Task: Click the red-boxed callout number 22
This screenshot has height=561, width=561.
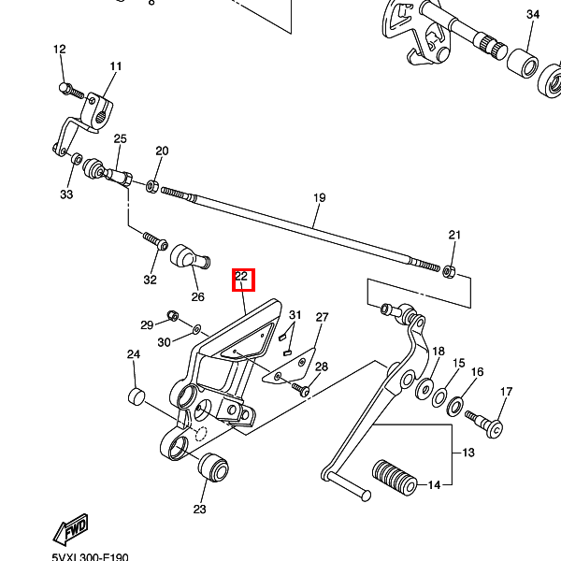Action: (x=241, y=276)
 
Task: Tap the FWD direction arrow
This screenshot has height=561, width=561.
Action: (x=71, y=529)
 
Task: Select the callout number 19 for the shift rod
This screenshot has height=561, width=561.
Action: (x=320, y=198)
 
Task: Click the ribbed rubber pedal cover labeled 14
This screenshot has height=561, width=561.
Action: (x=395, y=478)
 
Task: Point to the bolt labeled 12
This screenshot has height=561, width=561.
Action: (x=71, y=91)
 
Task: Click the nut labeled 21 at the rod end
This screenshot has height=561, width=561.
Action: (x=448, y=271)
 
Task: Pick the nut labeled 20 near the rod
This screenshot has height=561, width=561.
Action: (x=152, y=186)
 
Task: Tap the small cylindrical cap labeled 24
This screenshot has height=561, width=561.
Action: (x=137, y=396)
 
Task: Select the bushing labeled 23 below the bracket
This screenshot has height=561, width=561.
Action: (x=213, y=467)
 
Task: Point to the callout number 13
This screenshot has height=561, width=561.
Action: (x=468, y=453)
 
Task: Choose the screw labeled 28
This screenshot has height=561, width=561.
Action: (x=301, y=389)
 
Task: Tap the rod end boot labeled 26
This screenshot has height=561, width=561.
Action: (x=190, y=256)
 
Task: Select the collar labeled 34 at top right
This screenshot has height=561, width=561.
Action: (x=523, y=64)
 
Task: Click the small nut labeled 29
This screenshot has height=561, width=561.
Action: (x=173, y=316)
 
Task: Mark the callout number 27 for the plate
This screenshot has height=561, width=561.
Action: (x=322, y=317)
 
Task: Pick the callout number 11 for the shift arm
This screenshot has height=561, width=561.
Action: (x=116, y=66)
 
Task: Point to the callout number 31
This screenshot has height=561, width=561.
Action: (x=295, y=315)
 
